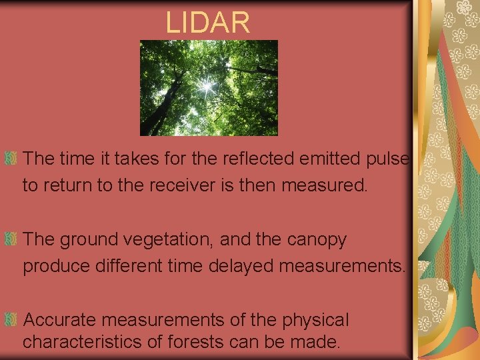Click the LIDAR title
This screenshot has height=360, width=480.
click(207, 23)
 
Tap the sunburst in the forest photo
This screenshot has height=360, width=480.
click(207, 85)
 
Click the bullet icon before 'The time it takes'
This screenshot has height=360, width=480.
click(11, 159)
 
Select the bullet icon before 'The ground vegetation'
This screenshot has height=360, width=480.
click(11, 239)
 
